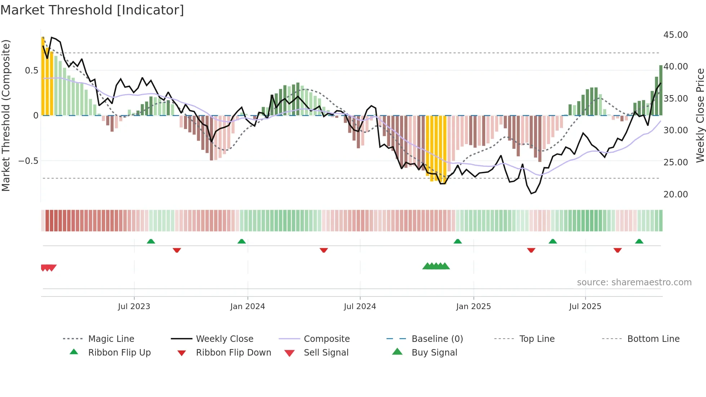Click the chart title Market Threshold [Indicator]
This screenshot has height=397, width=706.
[92, 10]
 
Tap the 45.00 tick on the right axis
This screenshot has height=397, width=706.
[675, 35]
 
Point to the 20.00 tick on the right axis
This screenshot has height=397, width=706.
[675, 195]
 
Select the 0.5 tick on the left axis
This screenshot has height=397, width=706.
[31, 71]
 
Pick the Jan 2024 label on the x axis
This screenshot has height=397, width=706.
[247, 307]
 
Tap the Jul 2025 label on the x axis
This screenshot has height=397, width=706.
[585, 307]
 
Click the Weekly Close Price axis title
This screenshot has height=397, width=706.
[700, 115]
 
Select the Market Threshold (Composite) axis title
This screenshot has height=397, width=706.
[6, 115]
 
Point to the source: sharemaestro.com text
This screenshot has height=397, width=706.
[634, 282]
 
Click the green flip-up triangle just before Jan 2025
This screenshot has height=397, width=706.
[457, 241]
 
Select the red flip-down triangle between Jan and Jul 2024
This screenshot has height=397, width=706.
[323, 250]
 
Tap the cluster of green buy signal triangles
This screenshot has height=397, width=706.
[436, 266]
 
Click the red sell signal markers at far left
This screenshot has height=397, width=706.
[48, 268]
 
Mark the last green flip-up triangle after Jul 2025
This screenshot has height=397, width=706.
[639, 241]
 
